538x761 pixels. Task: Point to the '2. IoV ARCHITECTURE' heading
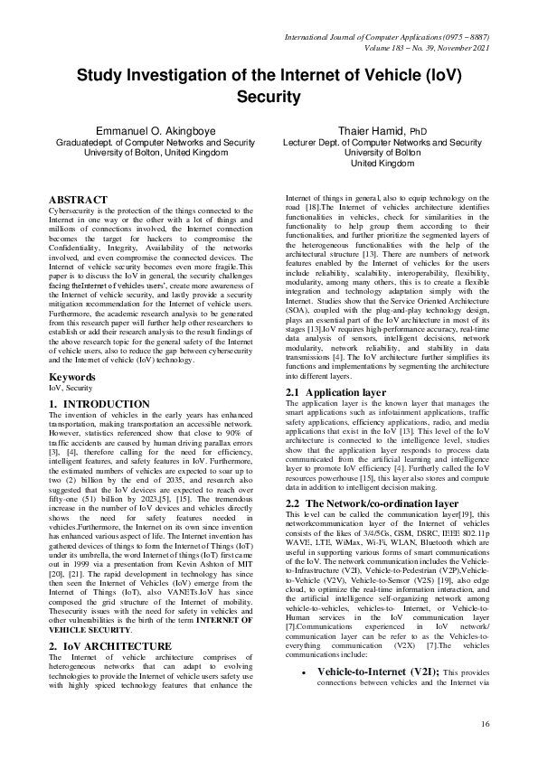(109, 645)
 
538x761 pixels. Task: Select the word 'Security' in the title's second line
(269, 96)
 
